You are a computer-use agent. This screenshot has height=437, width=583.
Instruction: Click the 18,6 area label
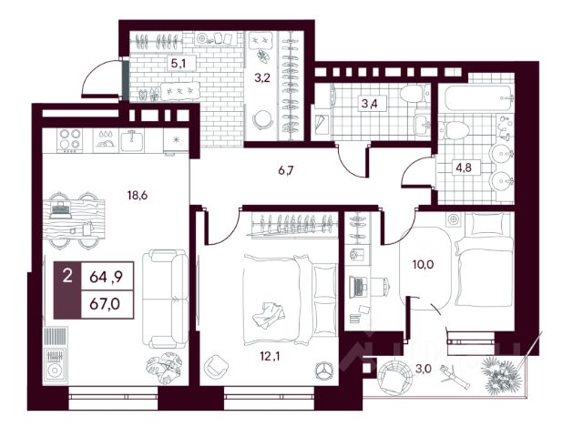coord(138,195)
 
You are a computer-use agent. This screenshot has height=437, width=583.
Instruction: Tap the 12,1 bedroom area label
coord(271,357)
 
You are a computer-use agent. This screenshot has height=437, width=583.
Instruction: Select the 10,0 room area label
coord(423,265)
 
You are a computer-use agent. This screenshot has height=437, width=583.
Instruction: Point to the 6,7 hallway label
coord(286,170)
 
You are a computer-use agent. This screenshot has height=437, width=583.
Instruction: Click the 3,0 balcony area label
coord(423,369)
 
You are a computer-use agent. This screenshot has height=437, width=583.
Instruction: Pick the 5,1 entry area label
coord(179,64)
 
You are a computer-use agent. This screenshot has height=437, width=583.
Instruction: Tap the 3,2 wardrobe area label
coord(262,78)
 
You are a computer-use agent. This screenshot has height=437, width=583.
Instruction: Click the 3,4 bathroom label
coord(369,103)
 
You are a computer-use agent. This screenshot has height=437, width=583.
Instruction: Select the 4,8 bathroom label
coord(464,168)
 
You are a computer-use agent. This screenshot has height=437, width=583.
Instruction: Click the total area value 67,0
coord(105,304)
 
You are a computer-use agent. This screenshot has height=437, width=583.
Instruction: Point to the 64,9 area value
coord(106,277)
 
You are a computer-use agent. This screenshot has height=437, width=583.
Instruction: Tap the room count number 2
coord(67,277)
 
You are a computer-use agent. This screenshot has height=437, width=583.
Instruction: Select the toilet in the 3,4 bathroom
coord(413,93)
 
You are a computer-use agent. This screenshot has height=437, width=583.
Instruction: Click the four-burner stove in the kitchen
coord(70,140)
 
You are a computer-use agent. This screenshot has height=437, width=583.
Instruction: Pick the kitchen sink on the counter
coord(131,140)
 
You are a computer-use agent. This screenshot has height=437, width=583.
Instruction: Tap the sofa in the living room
coord(165,300)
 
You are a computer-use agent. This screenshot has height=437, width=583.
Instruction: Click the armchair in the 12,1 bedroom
coord(217,366)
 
